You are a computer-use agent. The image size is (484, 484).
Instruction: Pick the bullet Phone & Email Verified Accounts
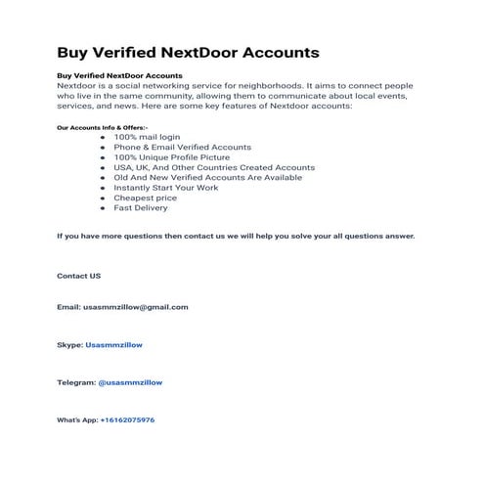pyautogui.click(x=182, y=147)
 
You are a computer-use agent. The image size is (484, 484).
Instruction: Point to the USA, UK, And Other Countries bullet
pyautogui.click(x=213, y=167)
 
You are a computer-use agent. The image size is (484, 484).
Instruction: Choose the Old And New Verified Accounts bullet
pyautogui.click(x=207, y=177)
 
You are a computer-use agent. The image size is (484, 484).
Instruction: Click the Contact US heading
pyautogui.click(x=78, y=277)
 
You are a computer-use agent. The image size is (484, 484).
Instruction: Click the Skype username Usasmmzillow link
pyautogui.click(x=115, y=344)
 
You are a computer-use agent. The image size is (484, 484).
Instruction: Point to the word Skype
pyautogui.click(x=68, y=344)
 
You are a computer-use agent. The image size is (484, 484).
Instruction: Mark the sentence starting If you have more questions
pyautogui.click(x=236, y=237)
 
